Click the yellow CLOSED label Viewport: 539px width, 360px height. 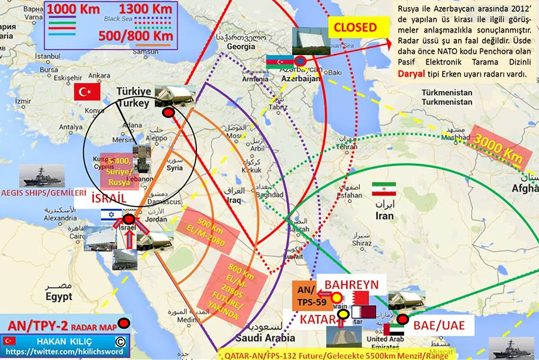click(x=355, y=28)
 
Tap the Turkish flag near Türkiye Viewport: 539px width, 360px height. click(x=86, y=92)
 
